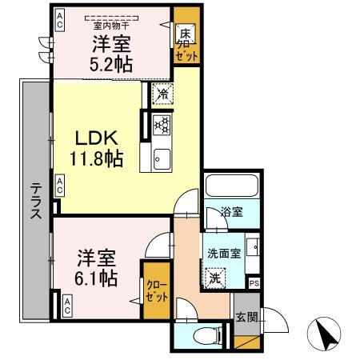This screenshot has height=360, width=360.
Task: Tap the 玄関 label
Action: click(247, 317)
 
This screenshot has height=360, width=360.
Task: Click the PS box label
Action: click(254, 283)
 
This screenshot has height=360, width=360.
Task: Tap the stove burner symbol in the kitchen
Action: click(160, 124)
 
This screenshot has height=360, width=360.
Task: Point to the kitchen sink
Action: click(161, 155)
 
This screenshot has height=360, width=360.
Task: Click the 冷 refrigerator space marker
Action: click(161, 93)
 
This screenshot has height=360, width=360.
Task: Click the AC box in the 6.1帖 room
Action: click(66, 304)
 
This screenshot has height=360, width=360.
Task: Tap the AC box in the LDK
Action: click(59, 186)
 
